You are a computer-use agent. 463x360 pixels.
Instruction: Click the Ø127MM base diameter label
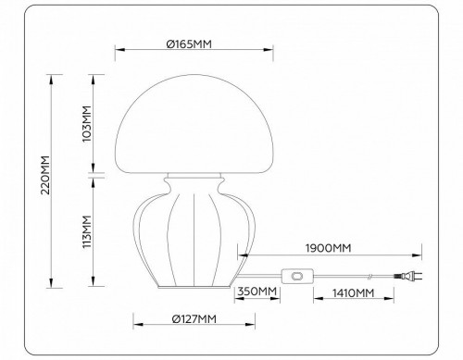(x=194, y=319)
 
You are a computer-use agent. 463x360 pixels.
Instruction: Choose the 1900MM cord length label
(x=328, y=248)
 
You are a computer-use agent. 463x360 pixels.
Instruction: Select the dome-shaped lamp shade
(x=194, y=120)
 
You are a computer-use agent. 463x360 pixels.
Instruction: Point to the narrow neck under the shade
(x=194, y=178)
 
